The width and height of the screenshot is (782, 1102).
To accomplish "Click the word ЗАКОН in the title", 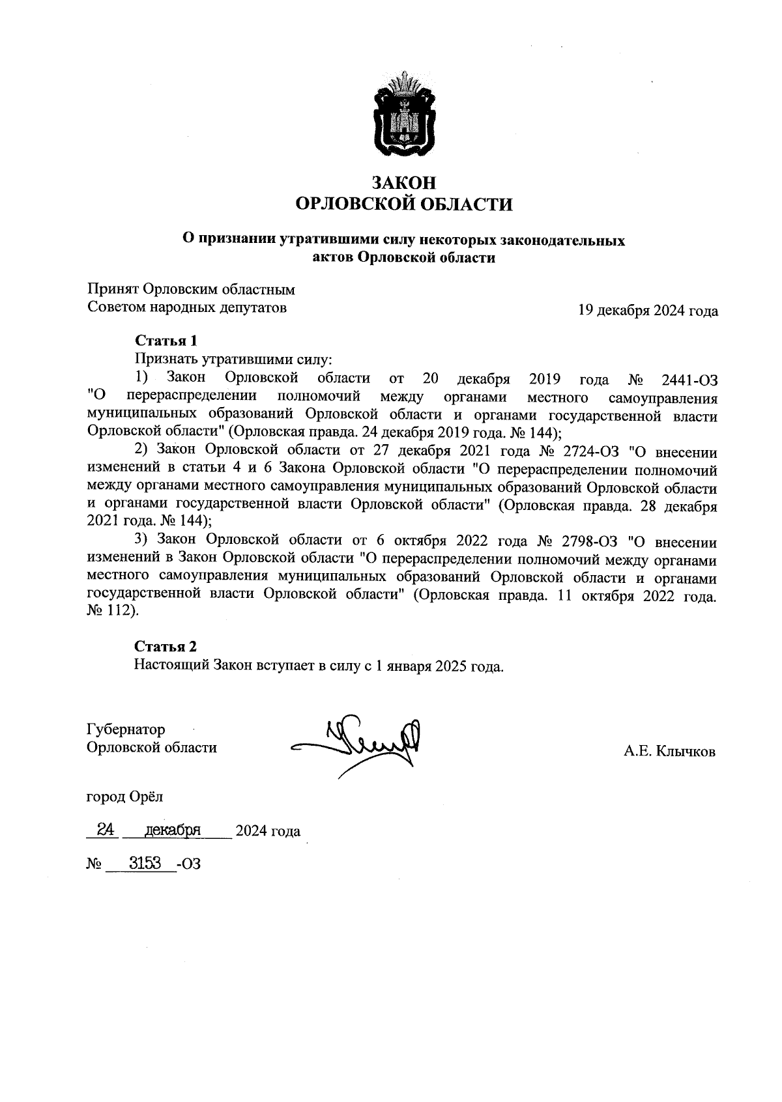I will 403,183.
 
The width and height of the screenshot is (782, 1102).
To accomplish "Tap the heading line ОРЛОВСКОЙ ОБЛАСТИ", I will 403,205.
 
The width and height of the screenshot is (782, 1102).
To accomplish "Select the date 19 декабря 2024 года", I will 648,311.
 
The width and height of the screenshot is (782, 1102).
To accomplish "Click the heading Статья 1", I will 166,340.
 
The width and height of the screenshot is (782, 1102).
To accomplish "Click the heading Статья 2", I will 166,646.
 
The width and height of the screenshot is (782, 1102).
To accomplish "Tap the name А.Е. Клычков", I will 669,752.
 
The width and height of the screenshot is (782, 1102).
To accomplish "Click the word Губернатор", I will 126,729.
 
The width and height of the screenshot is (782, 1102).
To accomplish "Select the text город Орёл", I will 125,796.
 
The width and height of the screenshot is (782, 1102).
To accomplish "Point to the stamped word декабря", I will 173,830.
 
